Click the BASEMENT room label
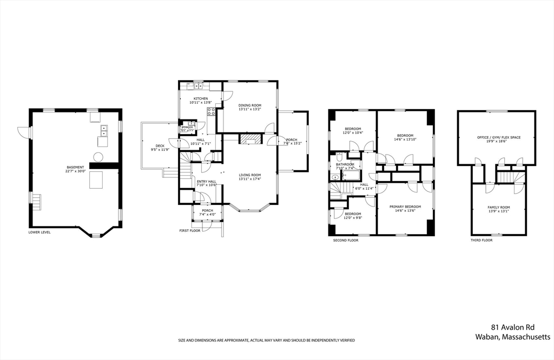click(75, 168)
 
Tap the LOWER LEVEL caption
click(39, 232)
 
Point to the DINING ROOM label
click(250, 105)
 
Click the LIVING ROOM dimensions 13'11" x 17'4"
click(250, 179)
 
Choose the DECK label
click(160, 145)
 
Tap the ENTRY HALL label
click(206, 182)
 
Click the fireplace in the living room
click(250, 140)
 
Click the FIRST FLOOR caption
click(190, 231)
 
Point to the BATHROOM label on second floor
click(345, 164)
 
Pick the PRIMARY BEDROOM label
click(405, 206)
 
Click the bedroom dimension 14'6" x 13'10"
click(405, 139)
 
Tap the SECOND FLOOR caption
click(346, 240)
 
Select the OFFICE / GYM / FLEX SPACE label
click(499, 137)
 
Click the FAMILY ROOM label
click(498, 208)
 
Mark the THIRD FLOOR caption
click(482, 240)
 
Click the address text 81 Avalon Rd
click(520, 327)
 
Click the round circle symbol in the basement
click(98, 157)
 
